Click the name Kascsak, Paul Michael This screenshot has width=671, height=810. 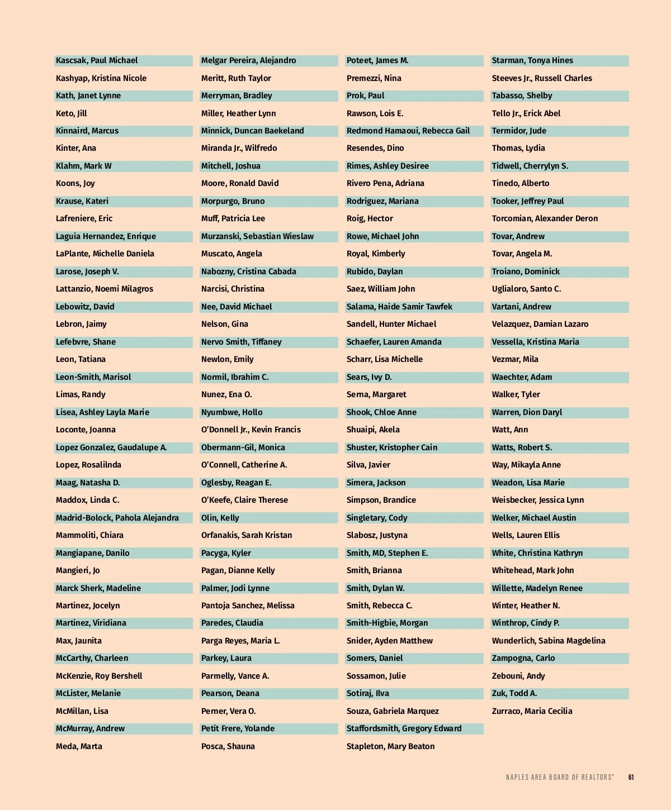(x=97, y=60)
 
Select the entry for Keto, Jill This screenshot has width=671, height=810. (x=72, y=113)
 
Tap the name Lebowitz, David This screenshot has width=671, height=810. (x=85, y=307)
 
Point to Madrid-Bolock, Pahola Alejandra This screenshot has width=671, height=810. (x=117, y=518)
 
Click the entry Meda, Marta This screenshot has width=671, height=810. (x=79, y=746)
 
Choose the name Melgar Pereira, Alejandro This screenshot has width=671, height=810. (x=249, y=60)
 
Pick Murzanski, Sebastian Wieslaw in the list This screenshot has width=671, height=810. (x=257, y=236)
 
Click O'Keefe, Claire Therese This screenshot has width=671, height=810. (x=244, y=500)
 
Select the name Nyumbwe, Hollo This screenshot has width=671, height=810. (x=231, y=412)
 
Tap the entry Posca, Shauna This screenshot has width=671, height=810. (x=228, y=746)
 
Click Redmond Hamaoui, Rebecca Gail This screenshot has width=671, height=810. (x=408, y=131)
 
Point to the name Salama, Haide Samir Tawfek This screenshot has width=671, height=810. (x=399, y=307)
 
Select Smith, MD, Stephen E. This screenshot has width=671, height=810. (x=387, y=553)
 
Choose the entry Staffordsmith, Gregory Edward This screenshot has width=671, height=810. (x=404, y=728)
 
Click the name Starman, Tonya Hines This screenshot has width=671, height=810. (x=532, y=60)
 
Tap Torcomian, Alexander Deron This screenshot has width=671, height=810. (x=545, y=218)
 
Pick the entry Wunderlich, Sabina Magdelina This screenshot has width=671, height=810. (x=549, y=641)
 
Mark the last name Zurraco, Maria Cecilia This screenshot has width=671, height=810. (x=532, y=711)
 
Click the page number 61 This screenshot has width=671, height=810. (x=631, y=777)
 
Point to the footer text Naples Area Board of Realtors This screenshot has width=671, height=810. (x=560, y=777)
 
